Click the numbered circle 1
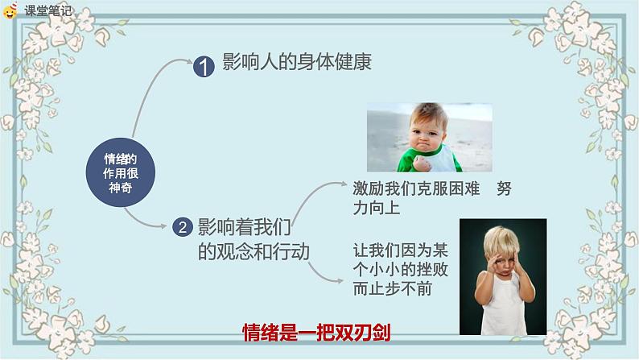click(x=204, y=67)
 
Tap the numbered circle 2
click(x=182, y=227)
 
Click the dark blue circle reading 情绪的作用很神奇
click(x=120, y=172)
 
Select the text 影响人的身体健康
click(x=297, y=62)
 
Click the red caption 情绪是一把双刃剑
click(x=316, y=333)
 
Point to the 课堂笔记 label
click(x=47, y=10)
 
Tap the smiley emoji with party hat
click(x=10, y=10)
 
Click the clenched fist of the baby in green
click(x=422, y=163)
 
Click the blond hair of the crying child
click(x=501, y=240)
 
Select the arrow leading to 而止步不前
click(x=322, y=276)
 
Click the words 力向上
click(x=376, y=208)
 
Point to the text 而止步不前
click(x=393, y=289)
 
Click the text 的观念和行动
click(x=254, y=251)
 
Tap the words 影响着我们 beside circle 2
click(x=244, y=227)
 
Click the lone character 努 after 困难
click(x=504, y=188)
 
